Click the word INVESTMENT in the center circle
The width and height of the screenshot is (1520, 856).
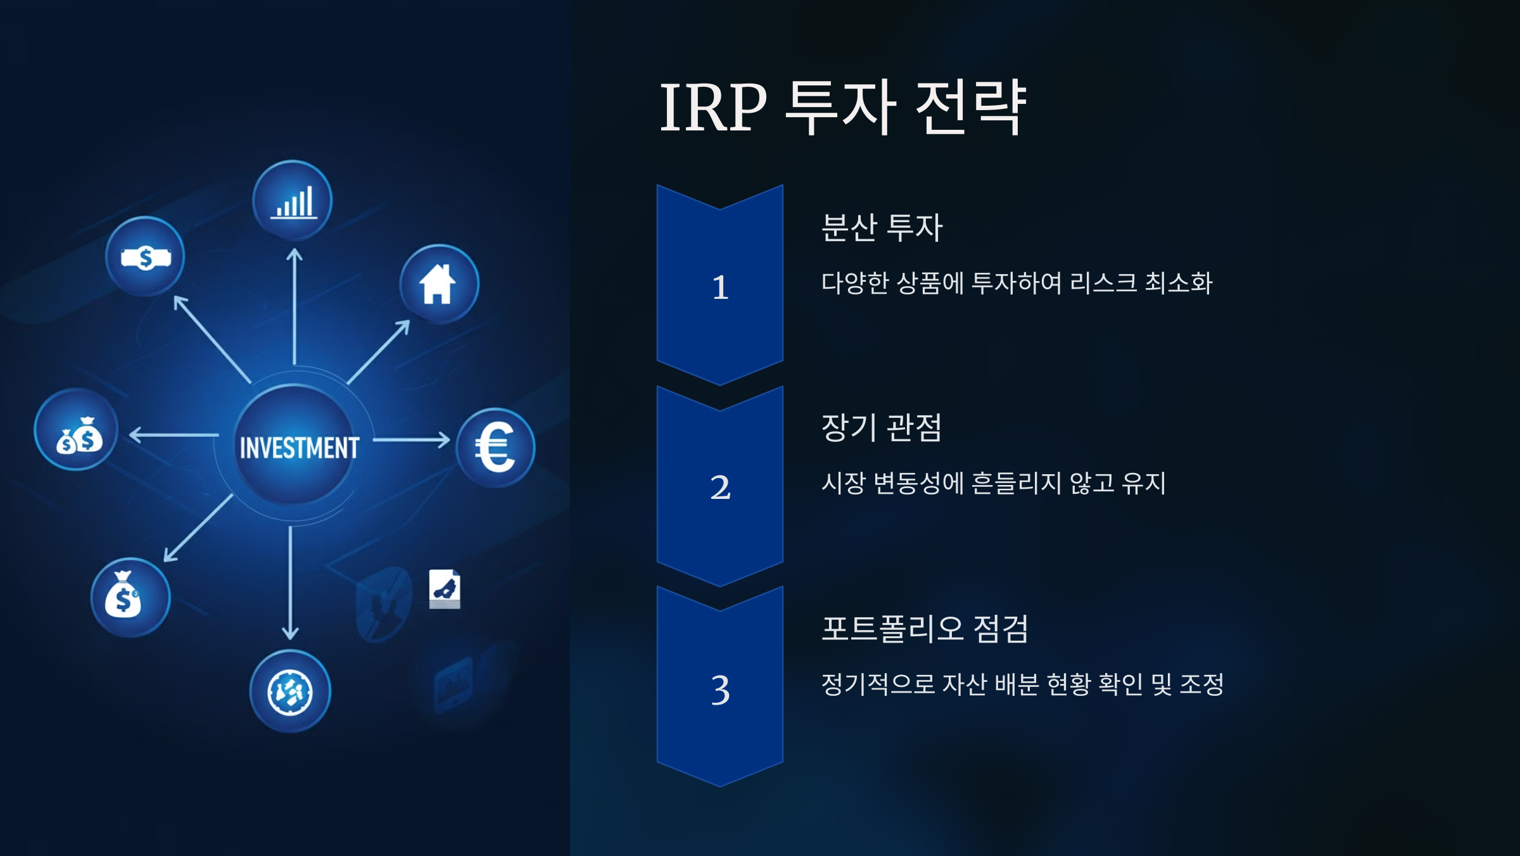[x=299, y=448]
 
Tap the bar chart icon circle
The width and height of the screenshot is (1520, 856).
[x=293, y=201]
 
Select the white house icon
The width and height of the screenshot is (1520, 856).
[x=438, y=284]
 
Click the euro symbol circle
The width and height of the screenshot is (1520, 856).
[x=495, y=448]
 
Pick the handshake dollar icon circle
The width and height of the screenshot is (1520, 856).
[x=145, y=257]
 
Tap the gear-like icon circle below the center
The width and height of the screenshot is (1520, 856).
[x=290, y=691]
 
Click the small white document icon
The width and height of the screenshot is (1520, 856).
[x=445, y=589]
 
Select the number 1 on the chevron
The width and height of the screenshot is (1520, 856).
[x=720, y=287]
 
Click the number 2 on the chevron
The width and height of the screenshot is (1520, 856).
[x=720, y=488]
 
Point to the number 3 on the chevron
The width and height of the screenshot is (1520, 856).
[x=720, y=689]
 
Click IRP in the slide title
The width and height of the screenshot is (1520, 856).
[x=712, y=108]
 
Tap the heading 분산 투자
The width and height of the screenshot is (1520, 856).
[x=882, y=228]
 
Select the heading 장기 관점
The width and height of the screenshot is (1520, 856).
[x=882, y=428]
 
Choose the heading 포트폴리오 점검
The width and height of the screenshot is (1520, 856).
[x=925, y=629]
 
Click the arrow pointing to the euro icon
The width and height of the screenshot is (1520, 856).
[x=412, y=439]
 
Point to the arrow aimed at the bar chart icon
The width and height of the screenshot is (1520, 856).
[x=294, y=306]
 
